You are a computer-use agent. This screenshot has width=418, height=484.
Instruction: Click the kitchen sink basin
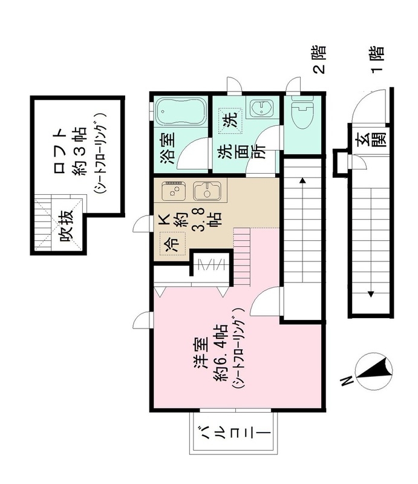tap(207, 192)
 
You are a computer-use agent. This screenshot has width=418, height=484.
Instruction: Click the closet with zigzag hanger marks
tap(212, 264)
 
